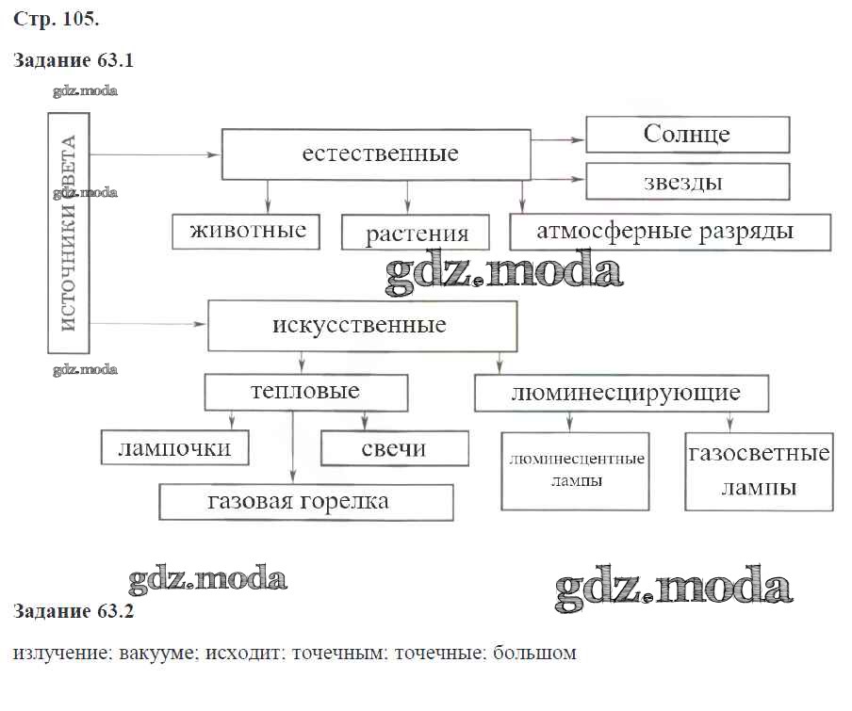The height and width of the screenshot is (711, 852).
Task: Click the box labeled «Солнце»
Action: [687, 134]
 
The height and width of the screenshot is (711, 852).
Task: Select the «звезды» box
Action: [687, 182]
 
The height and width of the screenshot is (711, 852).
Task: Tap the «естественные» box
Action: [376, 154]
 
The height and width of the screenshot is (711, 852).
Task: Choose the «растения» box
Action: [417, 233]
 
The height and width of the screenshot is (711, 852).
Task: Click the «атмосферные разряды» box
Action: [670, 232]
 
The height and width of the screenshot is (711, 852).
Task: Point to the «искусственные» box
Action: [362, 326]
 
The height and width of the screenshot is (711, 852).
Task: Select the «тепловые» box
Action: [306, 392]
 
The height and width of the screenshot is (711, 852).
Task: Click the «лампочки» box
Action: [175, 447]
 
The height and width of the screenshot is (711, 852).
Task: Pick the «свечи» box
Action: [395, 448]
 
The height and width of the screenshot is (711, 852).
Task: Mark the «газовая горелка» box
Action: [305, 501]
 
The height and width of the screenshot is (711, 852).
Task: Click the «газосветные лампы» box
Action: [759, 471]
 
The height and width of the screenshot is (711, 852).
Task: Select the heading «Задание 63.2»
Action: [74, 612]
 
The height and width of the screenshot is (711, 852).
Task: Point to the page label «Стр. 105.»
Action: [57, 18]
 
